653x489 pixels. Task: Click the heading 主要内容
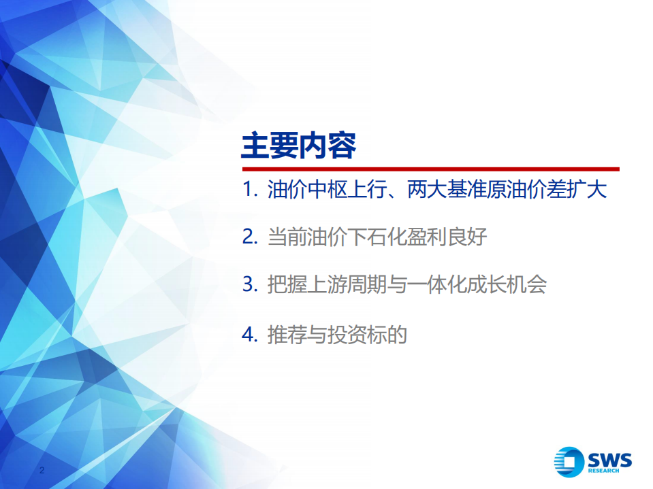(x=298, y=146)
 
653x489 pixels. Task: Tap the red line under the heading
(x=430, y=169)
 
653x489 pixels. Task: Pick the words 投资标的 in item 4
(x=363, y=335)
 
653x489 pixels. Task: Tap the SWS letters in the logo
(x=609, y=458)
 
